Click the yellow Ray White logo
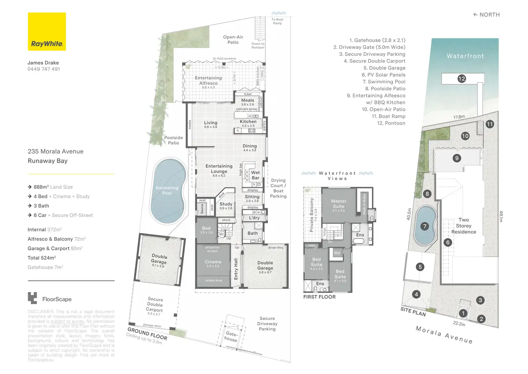point(47,32)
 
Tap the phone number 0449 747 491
point(44,69)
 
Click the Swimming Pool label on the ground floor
point(167,190)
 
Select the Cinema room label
point(213,262)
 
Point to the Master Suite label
point(339,204)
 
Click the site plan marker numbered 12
point(462,79)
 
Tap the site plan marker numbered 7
point(425,226)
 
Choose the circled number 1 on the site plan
point(463,313)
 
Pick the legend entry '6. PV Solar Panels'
point(383,75)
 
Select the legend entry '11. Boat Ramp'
point(388,116)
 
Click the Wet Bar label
point(255,175)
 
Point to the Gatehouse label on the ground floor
point(231,337)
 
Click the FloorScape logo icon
point(32,298)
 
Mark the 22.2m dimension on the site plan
point(459,324)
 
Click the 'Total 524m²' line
point(42,258)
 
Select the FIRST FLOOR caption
point(319,297)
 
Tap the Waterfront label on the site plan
point(465,56)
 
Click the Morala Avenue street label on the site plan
point(444,334)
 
